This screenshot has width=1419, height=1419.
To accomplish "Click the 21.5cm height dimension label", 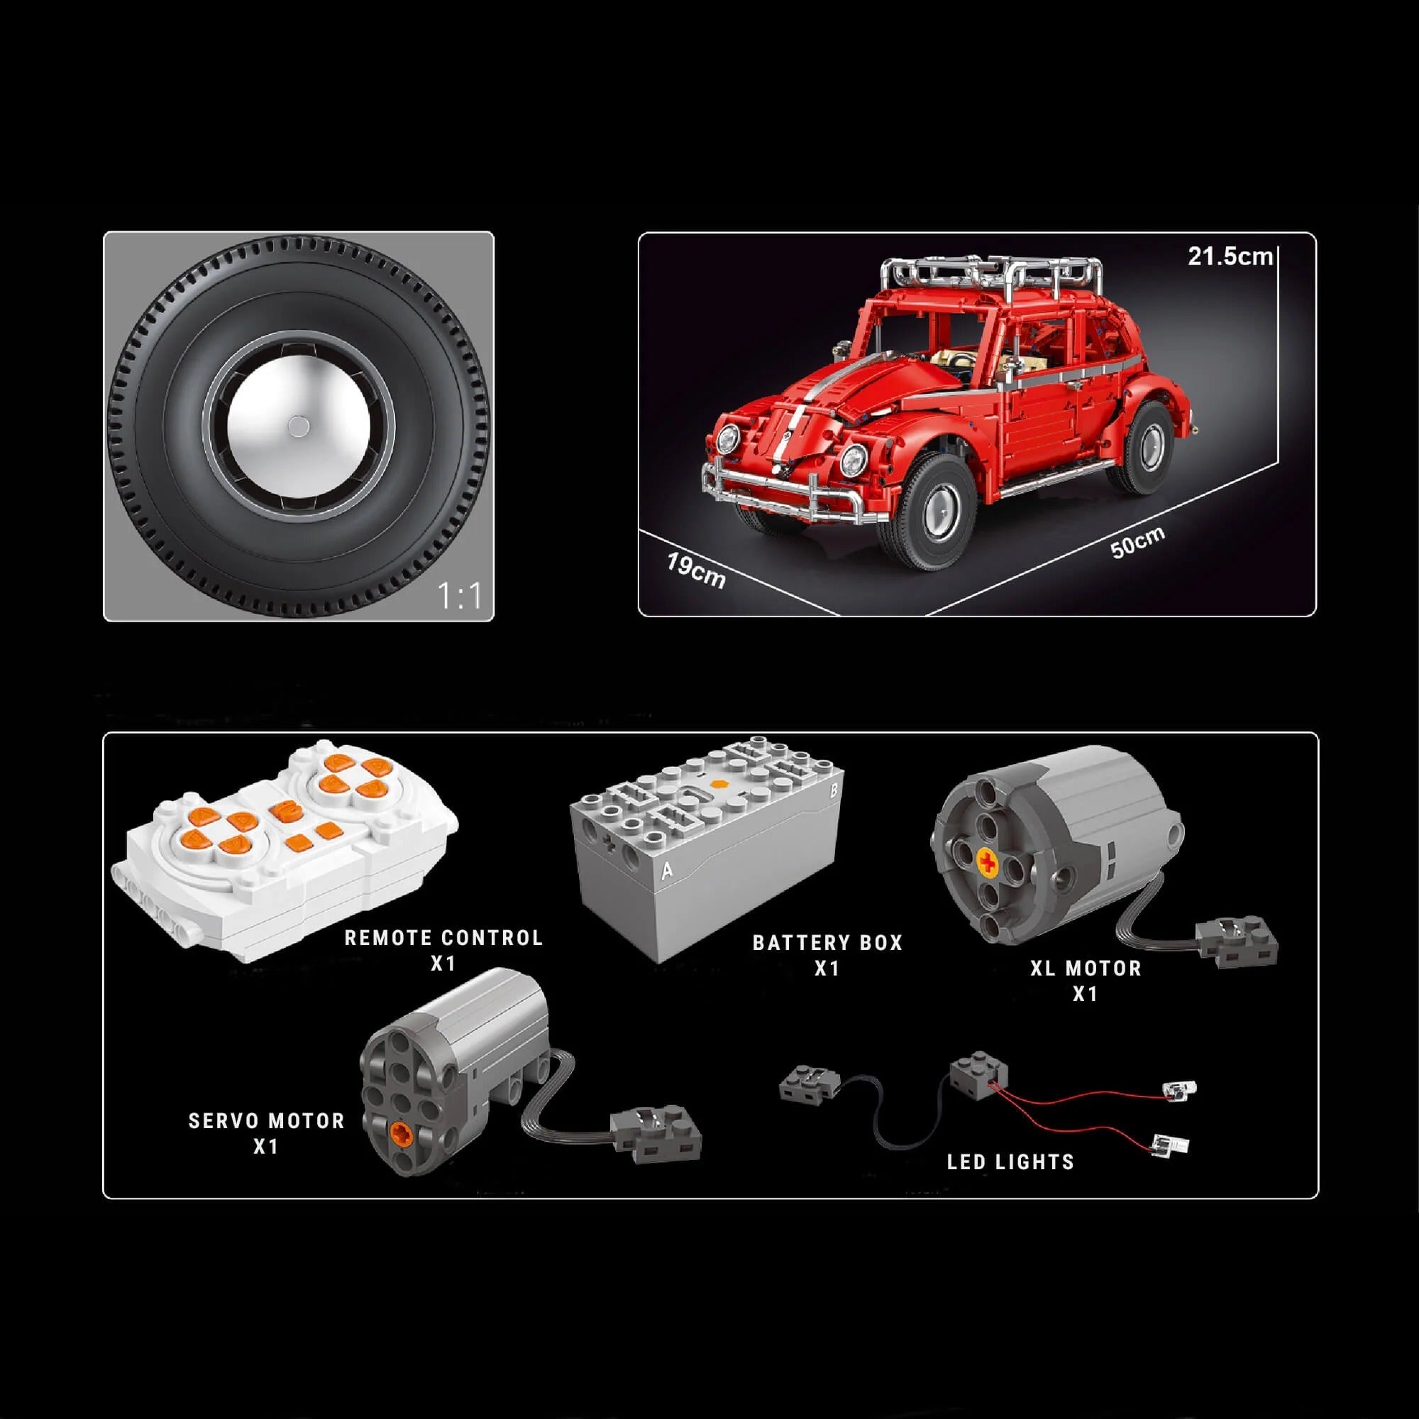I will point(1230,256).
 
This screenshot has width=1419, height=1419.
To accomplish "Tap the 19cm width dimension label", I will point(695,570).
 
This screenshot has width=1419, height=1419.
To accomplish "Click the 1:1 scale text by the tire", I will point(459,596).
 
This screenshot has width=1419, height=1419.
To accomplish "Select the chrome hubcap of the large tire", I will point(298,426).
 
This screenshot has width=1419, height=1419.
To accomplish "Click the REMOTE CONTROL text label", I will point(443,938).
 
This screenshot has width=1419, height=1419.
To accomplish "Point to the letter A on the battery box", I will point(667,871).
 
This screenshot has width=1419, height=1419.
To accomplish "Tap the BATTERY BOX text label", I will point(827,943).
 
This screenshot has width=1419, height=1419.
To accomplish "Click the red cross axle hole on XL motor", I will point(988,863).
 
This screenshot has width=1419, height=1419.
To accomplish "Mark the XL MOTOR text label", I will point(1086,968).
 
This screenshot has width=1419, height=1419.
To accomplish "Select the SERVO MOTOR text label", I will point(266,1121).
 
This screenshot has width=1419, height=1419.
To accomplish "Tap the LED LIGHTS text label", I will point(1010,1162).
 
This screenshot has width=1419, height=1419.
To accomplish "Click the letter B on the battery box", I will point(833,791).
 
